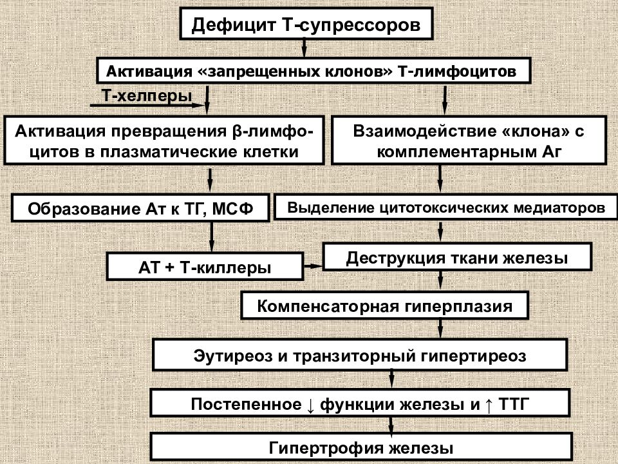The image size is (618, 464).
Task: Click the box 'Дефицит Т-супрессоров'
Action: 306,23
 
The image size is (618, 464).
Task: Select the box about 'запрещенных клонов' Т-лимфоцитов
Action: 314,71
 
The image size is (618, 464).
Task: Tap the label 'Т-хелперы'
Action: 147,95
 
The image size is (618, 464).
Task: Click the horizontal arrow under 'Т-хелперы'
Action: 149,105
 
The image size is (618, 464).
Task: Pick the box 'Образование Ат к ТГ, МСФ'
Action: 140,208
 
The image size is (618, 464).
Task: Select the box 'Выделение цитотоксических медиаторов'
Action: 445,207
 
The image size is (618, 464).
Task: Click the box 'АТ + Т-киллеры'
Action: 205,267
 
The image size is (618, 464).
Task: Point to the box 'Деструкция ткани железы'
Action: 457,257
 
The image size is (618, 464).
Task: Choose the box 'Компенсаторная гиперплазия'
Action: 384,305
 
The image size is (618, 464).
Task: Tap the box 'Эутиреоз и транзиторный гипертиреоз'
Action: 360,354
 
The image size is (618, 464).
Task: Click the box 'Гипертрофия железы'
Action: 361,447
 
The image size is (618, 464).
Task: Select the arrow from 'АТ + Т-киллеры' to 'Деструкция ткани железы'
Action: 313,266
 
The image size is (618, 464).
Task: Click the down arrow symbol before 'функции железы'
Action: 310,405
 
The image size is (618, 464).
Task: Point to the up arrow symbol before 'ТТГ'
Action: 489,405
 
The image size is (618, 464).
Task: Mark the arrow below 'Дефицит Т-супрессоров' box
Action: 304,47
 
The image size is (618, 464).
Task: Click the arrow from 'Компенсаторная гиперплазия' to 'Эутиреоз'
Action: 440,328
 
